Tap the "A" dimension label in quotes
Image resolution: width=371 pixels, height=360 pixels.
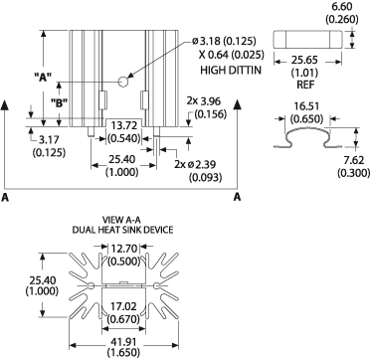(x=43, y=76)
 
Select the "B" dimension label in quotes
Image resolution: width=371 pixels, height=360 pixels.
(x=59, y=102)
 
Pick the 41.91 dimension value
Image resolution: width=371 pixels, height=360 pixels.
(x=124, y=341)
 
